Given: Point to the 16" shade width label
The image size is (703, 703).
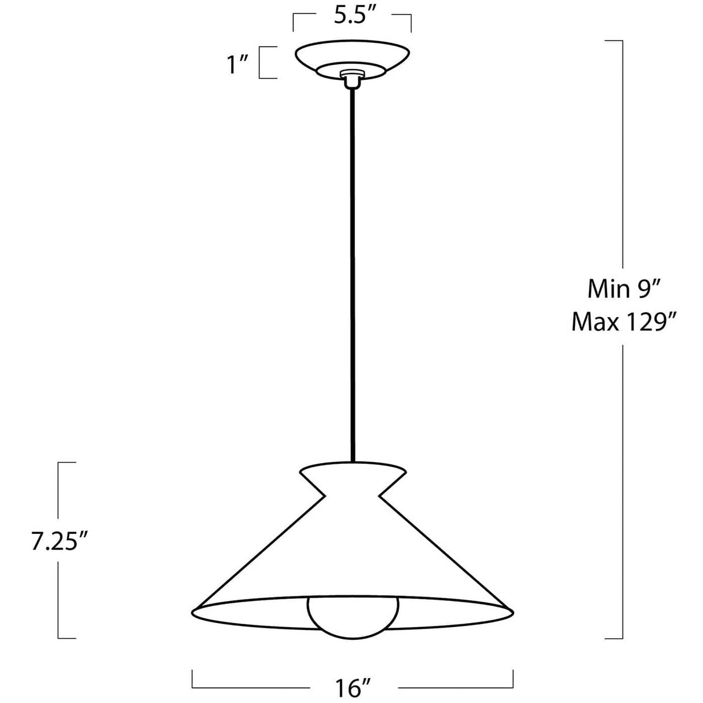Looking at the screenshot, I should coord(353,687).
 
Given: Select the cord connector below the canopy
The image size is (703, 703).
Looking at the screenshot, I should coord(351,79).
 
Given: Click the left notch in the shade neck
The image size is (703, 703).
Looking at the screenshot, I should coord(324,496).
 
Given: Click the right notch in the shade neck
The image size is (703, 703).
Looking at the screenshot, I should coord(380,496).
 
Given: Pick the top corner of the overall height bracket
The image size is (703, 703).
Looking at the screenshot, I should coord(622,41).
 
